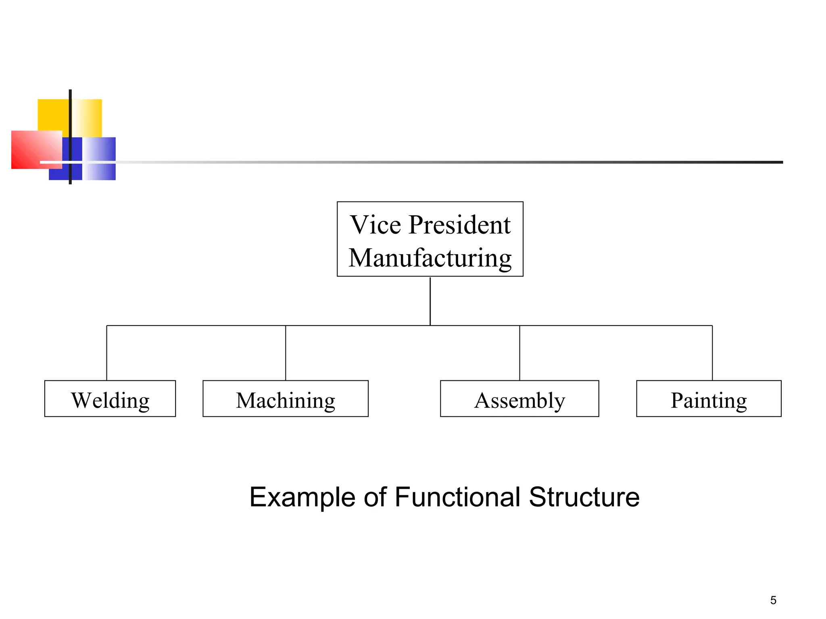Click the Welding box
(110, 399)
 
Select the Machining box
(285, 399)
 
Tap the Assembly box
(519, 399)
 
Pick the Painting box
(709, 399)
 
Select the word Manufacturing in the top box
(430, 258)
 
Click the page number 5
(773, 600)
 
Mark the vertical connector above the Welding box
(107, 353)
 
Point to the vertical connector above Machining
(286, 353)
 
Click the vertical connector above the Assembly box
(519, 353)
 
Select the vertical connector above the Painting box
(712, 353)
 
